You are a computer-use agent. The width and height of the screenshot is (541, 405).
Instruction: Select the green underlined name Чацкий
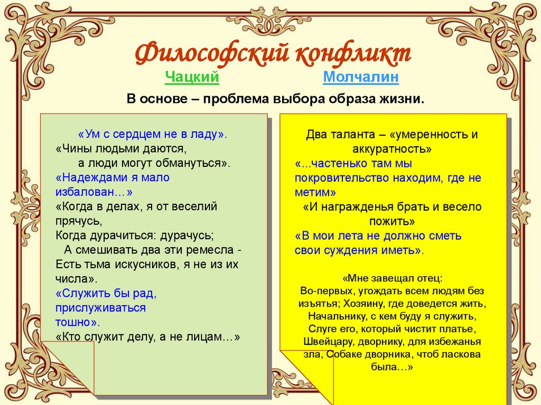[192, 78]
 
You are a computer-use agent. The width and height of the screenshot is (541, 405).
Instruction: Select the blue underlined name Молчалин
[361, 78]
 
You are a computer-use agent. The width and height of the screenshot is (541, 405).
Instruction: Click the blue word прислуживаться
[100, 307]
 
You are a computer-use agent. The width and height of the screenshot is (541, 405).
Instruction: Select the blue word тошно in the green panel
[76, 322]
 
